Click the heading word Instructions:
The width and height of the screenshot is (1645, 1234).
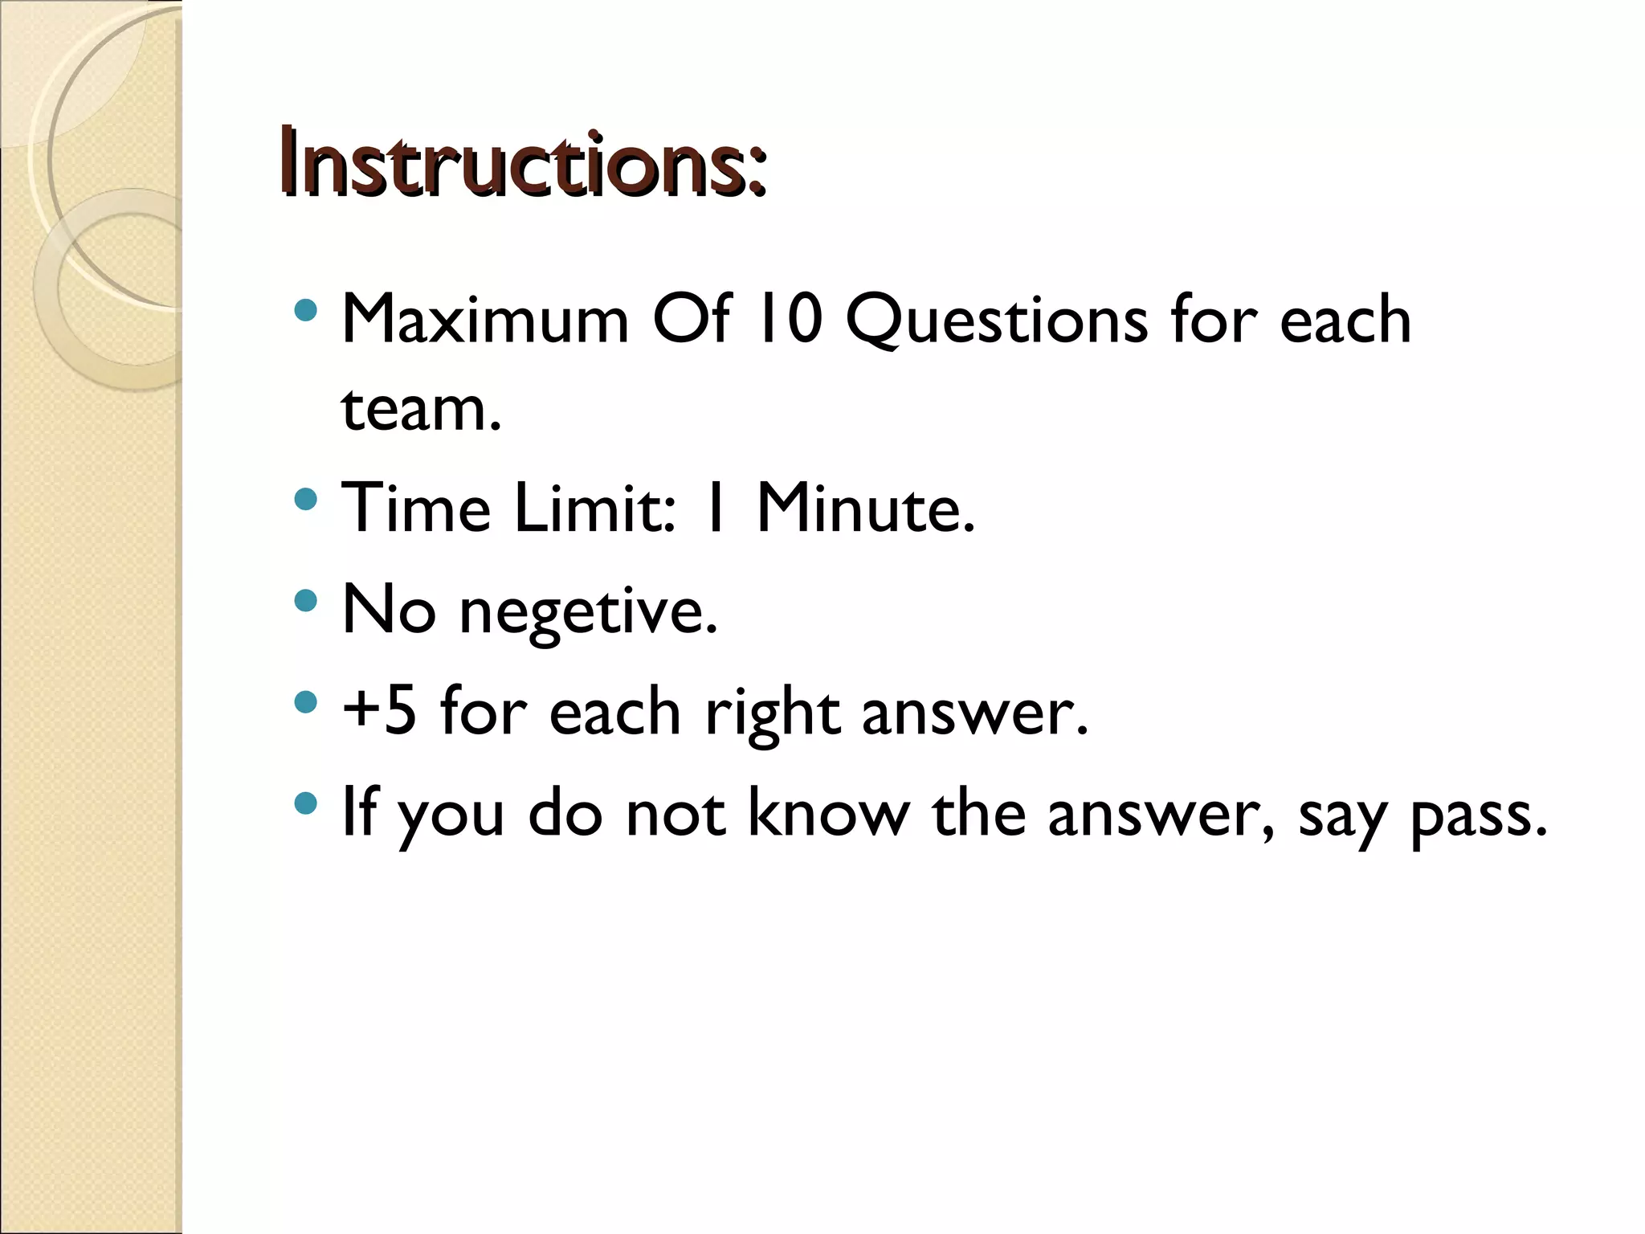522,165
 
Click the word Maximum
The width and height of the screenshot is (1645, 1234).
484,320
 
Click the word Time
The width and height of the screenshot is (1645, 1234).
415,508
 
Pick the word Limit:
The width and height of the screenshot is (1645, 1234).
594,508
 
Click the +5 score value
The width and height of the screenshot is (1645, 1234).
379,710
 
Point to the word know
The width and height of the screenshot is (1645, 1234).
828,813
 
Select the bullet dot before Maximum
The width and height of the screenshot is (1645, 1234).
305,310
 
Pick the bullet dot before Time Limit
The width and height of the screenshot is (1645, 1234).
305,500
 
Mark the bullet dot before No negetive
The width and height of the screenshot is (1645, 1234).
305,601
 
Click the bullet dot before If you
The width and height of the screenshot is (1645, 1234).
305,803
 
